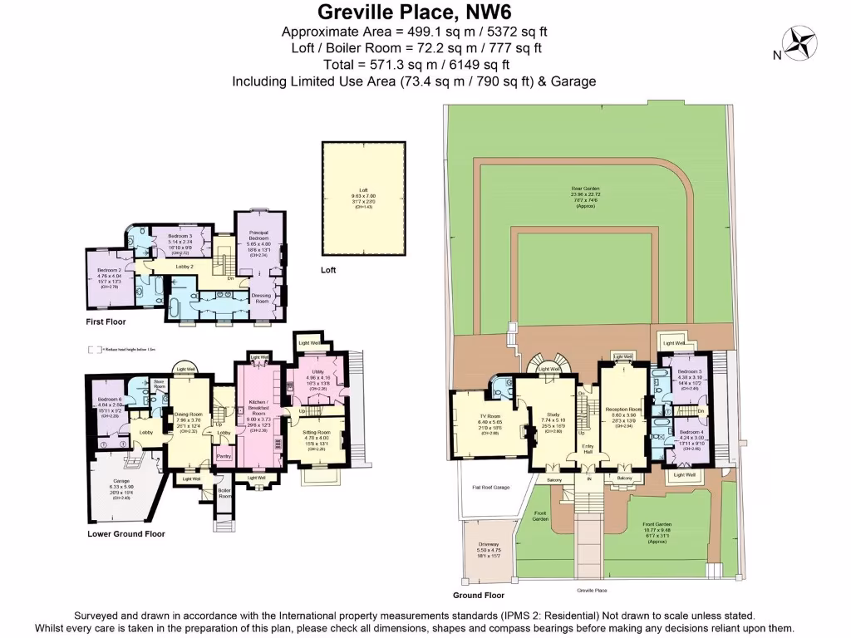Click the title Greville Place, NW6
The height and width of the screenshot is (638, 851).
coord(414,12)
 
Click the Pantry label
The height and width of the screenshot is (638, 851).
coord(223,456)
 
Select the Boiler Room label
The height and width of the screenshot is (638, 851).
coord(222,493)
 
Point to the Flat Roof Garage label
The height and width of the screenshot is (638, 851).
coord(491,488)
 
